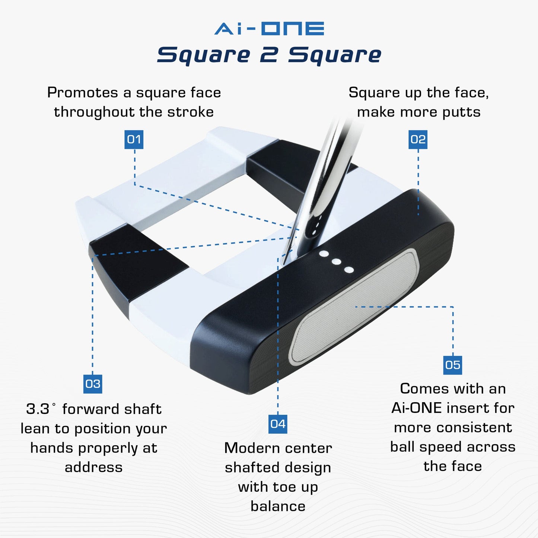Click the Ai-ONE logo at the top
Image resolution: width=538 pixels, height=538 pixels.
pyautogui.click(x=269, y=29)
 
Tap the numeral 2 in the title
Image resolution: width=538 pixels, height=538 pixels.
pyautogui.click(x=268, y=55)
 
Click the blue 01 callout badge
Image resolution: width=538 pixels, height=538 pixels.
pyautogui.click(x=134, y=140)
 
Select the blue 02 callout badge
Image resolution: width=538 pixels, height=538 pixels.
pyautogui.click(x=418, y=140)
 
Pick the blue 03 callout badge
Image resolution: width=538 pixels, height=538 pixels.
pyautogui.click(x=93, y=384)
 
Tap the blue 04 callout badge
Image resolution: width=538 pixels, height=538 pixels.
pyautogui.click(x=278, y=424)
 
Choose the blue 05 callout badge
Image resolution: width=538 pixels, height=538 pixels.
pyautogui.click(x=453, y=365)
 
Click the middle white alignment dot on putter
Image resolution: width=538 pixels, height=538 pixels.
pyautogui.click(x=336, y=262)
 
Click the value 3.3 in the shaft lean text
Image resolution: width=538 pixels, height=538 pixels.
pyautogui.click(x=38, y=409)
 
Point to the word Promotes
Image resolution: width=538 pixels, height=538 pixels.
pyautogui.click(x=82, y=93)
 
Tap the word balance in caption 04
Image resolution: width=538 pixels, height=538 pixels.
pyautogui.click(x=278, y=506)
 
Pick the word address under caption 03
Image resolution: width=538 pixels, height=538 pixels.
pyautogui.click(x=93, y=468)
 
